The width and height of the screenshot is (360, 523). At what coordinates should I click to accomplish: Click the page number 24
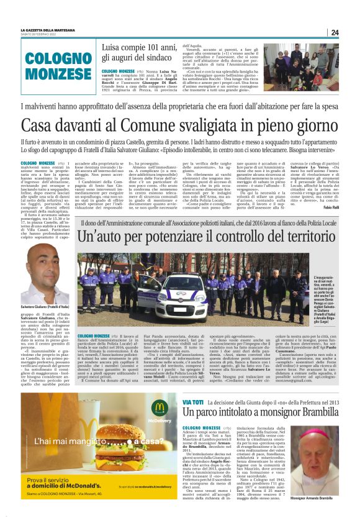tap(335, 32)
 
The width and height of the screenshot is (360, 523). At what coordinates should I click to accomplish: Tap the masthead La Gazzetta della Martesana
tap(47, 29)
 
